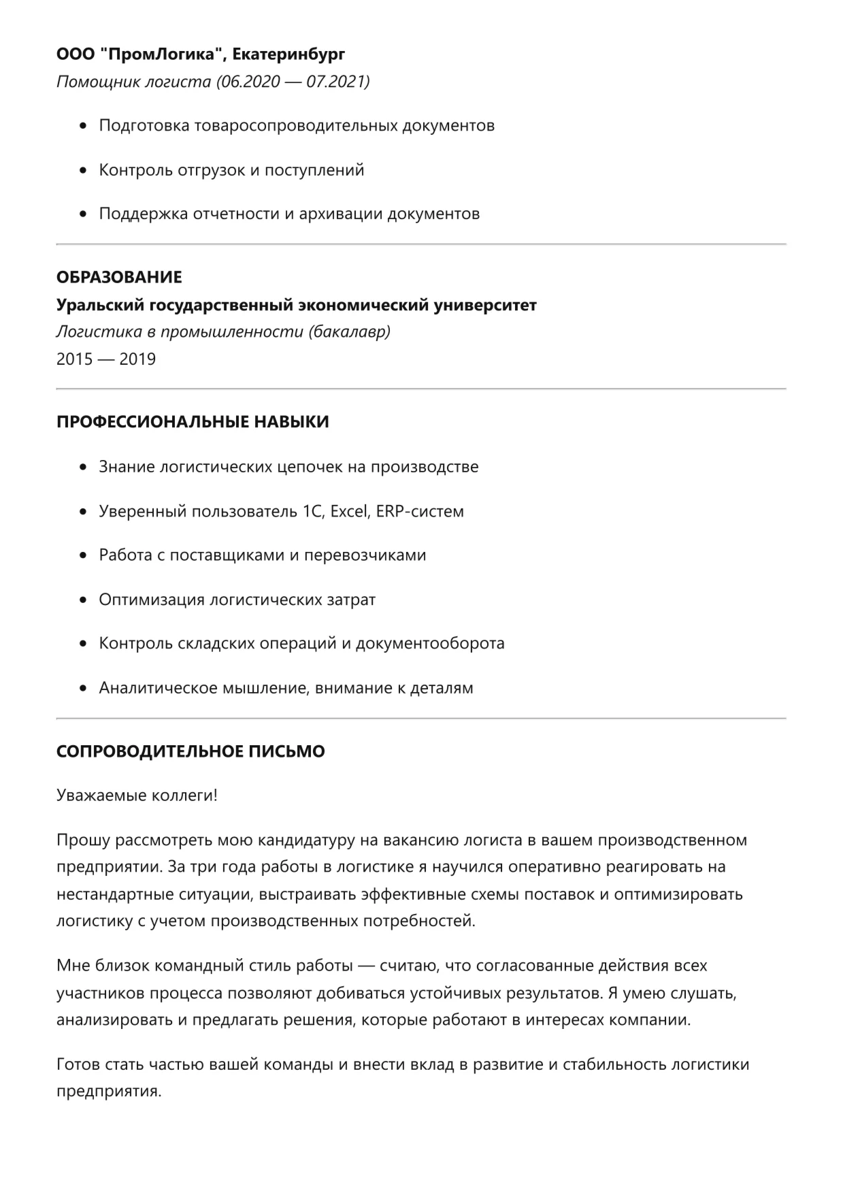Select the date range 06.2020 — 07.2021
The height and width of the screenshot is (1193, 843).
click(x=293, y=82)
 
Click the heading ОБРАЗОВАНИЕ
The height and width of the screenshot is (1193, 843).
click(x=119, y=277)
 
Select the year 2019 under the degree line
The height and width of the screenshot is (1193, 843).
click(x=137, y=359)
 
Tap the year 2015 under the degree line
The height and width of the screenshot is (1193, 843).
click(x=75, y=359)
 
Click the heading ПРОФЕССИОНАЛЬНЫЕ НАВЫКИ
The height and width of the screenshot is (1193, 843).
click(x=193, y=422)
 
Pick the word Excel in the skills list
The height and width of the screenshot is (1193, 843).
click(x=348, y=511)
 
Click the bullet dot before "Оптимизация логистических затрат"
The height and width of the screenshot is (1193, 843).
click(x=84, y=600)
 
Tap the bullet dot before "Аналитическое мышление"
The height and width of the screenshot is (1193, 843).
click(x=84, y=688)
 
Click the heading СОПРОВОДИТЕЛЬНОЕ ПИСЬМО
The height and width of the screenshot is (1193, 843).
click(x=191, y=752)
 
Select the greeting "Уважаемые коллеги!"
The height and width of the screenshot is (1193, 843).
click(x=137, y=796)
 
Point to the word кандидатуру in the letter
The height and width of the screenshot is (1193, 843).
click(x=296, y=840)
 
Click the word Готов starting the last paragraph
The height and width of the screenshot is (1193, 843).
click(x=78, y=1064)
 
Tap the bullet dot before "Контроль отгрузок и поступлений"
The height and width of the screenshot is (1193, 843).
click(x=84, y=170)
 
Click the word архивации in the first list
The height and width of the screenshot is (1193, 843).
click(x=341, y=214)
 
